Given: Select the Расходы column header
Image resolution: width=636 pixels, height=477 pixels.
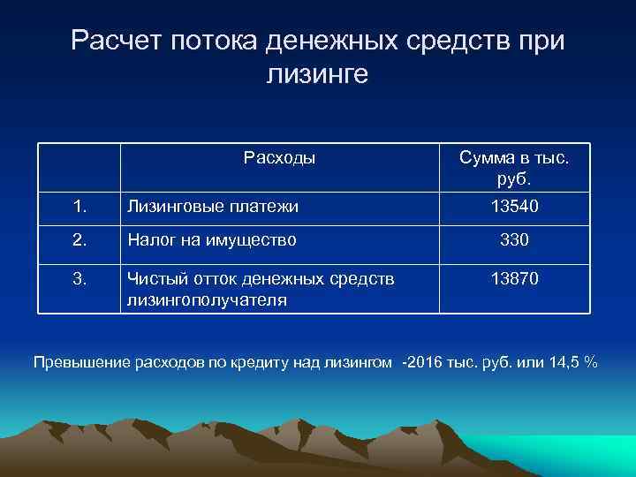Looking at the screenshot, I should point(279,158).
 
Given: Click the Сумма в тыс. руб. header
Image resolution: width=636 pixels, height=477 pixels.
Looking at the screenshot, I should point(513,168).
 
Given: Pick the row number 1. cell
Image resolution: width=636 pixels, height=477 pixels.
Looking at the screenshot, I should point(79,207).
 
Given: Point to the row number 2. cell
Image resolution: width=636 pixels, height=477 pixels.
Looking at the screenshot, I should point(79,238).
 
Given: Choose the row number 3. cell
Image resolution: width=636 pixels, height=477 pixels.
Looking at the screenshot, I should point(79,278).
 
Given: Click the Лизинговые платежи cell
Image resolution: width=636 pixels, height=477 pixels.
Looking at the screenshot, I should point(213,207).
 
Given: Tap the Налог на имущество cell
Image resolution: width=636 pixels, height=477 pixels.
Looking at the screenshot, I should point(212,238).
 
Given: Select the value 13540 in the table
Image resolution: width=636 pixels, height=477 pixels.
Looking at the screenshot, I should point(513,207).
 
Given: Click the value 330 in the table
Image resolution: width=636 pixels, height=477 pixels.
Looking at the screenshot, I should point(513,238).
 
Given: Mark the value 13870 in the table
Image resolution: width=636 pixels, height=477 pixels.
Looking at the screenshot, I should point(513,278).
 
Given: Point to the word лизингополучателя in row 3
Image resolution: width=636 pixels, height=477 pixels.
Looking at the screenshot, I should point(207,299).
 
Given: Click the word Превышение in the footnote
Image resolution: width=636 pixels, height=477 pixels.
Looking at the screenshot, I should point(79,362).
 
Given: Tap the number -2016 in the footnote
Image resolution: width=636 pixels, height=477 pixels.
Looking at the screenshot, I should point(424,362).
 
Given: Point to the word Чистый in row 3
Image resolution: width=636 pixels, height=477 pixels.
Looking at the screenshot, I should point(152,278).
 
